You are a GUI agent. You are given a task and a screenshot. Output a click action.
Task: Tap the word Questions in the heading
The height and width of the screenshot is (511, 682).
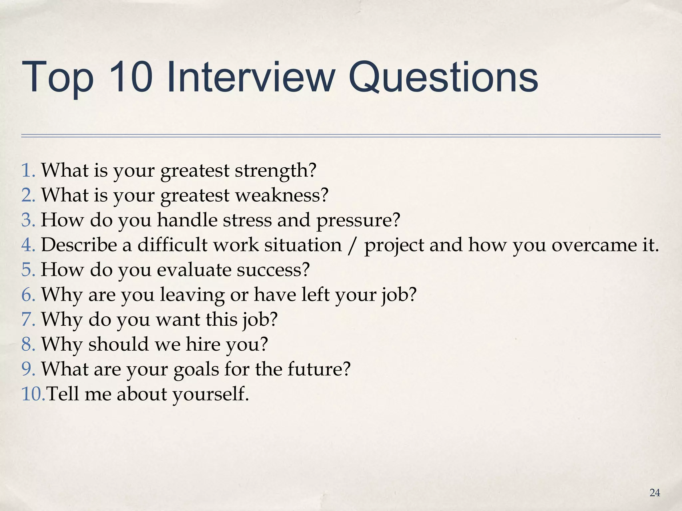point(443,77)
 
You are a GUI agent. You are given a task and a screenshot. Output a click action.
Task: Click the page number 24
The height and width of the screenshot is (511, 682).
point(655,493)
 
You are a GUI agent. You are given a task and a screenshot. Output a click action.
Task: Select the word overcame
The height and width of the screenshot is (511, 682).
point(591,245)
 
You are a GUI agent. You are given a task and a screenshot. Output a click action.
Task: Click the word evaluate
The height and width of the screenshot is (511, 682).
point(194,270)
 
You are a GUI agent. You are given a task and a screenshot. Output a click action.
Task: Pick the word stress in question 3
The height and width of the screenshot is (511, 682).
point(247,221)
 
